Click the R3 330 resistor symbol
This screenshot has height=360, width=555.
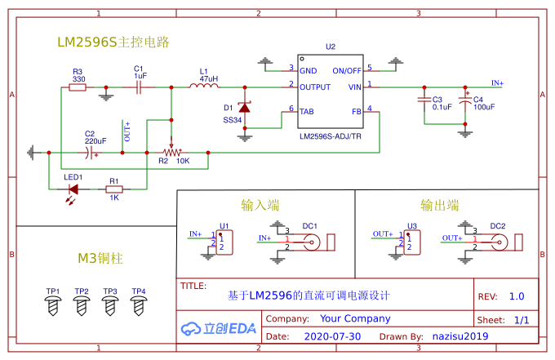pyautogui.click(x=78, y=87)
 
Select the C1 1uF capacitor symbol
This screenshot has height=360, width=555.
pyautogui.click(x=140, y=87)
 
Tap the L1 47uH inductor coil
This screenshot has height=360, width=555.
pyautogui.click(x=203, y=86)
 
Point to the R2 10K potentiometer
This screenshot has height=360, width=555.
pyautogui.click(x=171, y=152)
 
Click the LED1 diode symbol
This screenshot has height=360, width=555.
pyautogui.click(x=73, y=189)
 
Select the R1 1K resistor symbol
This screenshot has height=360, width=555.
pyautogui.click(x=114, y=189)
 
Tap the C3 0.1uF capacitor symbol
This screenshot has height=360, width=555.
pyautogui.click(x=424, y=100)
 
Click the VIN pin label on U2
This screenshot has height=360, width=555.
pyautogui.click(x=354, y=86)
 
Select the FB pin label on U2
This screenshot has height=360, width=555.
pyautogui.click(x=356, y=111)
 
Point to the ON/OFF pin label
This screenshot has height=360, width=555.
pyautogui.click(x=347, y=70)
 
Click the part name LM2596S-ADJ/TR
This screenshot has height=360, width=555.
pyautogui.click(x=330, y=136)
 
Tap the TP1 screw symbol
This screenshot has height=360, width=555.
pyautogui.click(x=53, y=305)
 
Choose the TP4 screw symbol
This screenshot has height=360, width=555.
pyautogui.click(x=139, y=305)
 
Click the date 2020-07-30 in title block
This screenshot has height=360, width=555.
pyautogui.click(x=332, y=336)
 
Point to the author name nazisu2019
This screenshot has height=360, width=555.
pyautogui.click(x=460, y=336)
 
